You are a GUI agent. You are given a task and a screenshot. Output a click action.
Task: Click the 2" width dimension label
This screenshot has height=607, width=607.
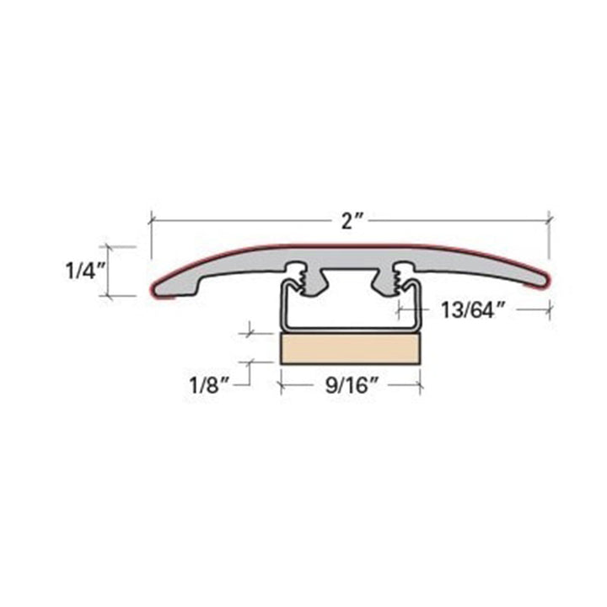tap(352, 223)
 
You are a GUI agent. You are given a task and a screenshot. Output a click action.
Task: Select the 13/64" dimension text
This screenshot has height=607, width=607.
tap(471, 309)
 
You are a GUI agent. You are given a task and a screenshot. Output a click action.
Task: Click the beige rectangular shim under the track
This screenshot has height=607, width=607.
tap(350, 348)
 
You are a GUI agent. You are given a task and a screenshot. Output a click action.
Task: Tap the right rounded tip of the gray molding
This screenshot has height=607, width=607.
tap(544, 279)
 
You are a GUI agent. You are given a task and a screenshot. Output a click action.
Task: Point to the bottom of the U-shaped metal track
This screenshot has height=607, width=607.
tap(349, 328)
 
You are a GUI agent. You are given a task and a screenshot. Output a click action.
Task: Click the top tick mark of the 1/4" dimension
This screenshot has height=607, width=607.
tap(108, 247)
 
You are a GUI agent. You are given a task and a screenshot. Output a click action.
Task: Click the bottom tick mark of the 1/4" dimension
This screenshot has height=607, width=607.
tap(108, 295)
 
